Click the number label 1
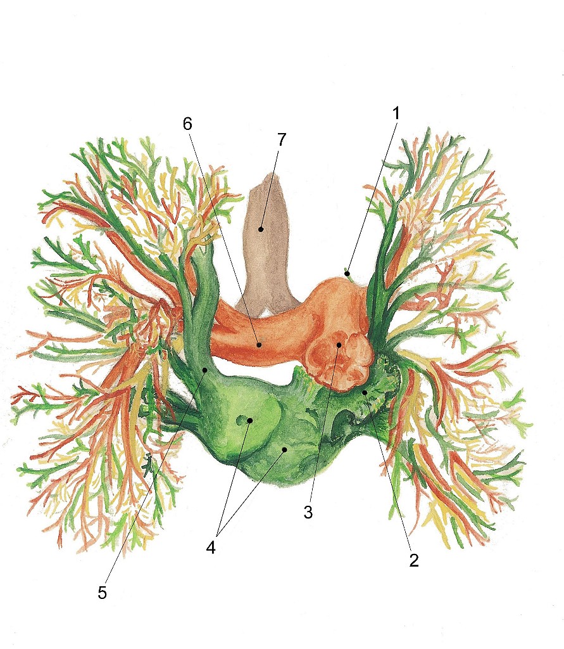pos(396,114)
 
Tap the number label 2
pos(414,560)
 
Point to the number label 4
pos(211,547)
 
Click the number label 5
pos(103,593)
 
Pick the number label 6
pos(187,124)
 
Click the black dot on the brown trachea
pos(260,229)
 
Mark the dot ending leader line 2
pos(365,393)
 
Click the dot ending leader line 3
pos(339,345)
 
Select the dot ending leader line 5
pos(204,369)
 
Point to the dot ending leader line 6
pos(259,345)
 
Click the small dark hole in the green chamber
pos(241,420)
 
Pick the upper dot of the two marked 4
pos(251,420)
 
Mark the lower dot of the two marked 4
pos(285,449)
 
